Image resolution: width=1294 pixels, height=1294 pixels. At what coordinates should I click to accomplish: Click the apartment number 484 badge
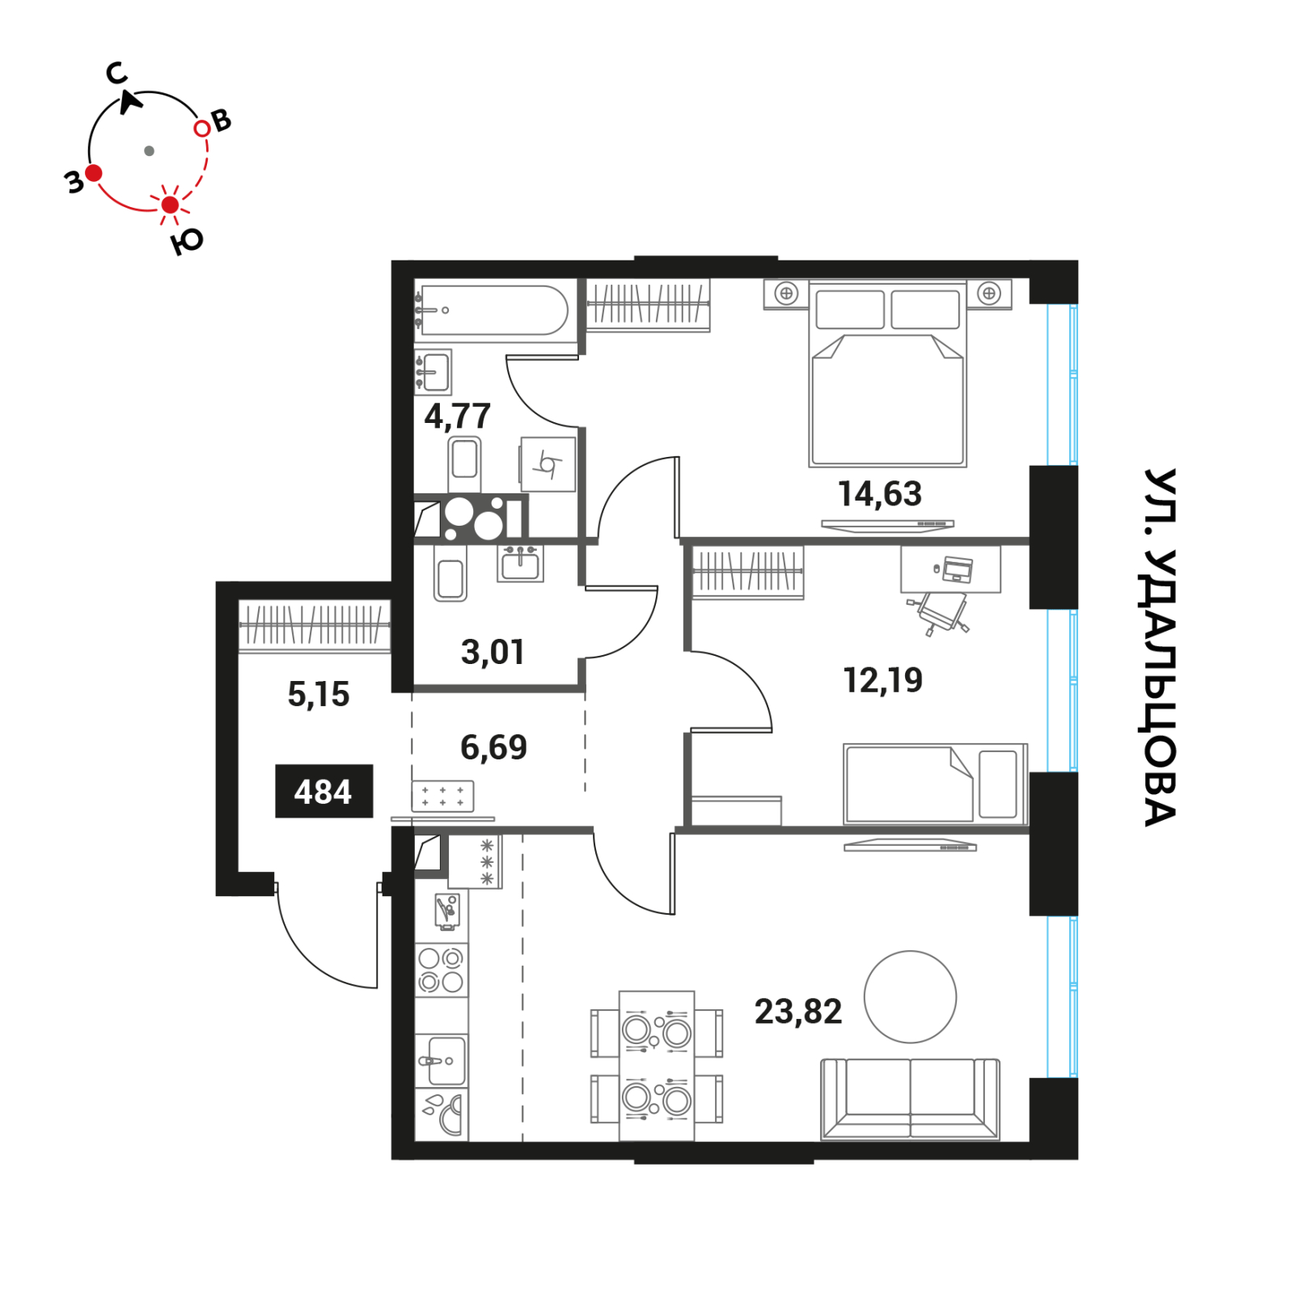click(x=323, y=791)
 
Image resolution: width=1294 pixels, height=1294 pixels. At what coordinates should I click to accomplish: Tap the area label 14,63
click(x=879, y=493)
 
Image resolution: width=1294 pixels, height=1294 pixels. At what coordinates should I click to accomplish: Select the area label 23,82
click(x=798, y=1011)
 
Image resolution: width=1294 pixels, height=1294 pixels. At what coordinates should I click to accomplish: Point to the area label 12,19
click(x=882, y=680)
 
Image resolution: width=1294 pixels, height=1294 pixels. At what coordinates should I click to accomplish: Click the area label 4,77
click(x=458, y=417)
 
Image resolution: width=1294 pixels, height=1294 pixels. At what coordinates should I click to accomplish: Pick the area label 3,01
click(x=493, y=652)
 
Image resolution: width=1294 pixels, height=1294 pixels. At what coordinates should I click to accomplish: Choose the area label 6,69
click(x=493, y=747)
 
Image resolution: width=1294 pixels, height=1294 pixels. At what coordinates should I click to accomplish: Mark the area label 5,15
click(x=319, y=694)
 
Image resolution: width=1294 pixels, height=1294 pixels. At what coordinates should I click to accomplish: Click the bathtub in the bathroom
click(x=493, y=310)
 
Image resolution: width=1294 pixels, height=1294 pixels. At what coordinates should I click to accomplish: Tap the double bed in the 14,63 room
click(x=887, y=374)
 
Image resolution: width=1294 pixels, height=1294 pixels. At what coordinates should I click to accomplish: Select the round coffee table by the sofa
click(x=910, y=996)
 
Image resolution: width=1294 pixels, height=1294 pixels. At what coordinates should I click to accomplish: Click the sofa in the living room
click(x=910, y=1098)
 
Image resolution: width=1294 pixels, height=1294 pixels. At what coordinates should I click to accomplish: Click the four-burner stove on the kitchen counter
click(x=441, y=970)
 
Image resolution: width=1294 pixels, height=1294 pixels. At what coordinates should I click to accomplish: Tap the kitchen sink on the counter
click(x=442, y=1060)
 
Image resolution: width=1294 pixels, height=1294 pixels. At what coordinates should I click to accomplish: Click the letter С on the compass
click(x=117, y=74)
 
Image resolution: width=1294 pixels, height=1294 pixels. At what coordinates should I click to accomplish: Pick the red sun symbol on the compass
click(x=170, y=205)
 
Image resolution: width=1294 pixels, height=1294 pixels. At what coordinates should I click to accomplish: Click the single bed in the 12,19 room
click(x=935, y=784)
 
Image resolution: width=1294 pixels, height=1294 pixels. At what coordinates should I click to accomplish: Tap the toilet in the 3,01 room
click(x=450, y=572)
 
